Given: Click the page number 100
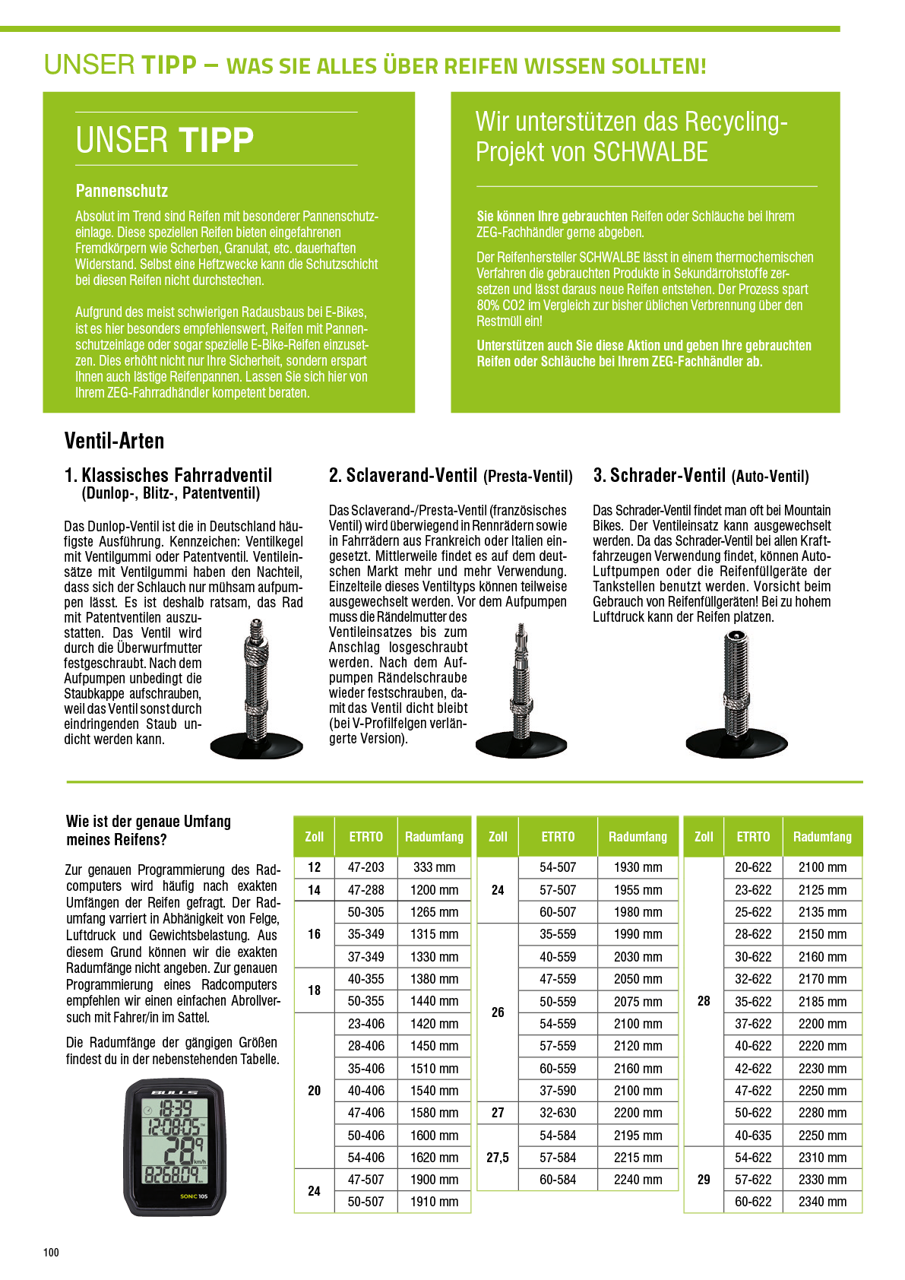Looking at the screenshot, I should pos(51,1252).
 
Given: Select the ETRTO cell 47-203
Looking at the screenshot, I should pos(365,867).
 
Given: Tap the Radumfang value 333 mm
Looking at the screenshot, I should pos(434,867).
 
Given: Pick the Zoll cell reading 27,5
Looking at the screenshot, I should pos(498,1158).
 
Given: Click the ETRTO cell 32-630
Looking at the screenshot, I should pos(558,1113).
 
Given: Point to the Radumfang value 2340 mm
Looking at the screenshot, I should pos(822,1202).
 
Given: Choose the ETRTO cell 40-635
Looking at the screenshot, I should pos(753,1135).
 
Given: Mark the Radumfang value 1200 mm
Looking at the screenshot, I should pos(434,889).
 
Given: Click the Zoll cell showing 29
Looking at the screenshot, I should pos(704,1180).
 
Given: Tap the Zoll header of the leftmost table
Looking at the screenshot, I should pos(314,837).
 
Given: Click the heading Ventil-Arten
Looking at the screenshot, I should pos(114,442).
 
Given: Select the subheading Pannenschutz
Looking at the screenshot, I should pos(122,191).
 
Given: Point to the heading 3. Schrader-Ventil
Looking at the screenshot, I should pos(659,476).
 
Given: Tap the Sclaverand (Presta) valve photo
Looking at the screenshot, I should pos(521,692).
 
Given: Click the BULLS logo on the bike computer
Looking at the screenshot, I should pos(174,1092).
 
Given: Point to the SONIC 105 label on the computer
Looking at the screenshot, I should pos(194,1196).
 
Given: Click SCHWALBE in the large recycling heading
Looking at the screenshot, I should pos(650,152).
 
